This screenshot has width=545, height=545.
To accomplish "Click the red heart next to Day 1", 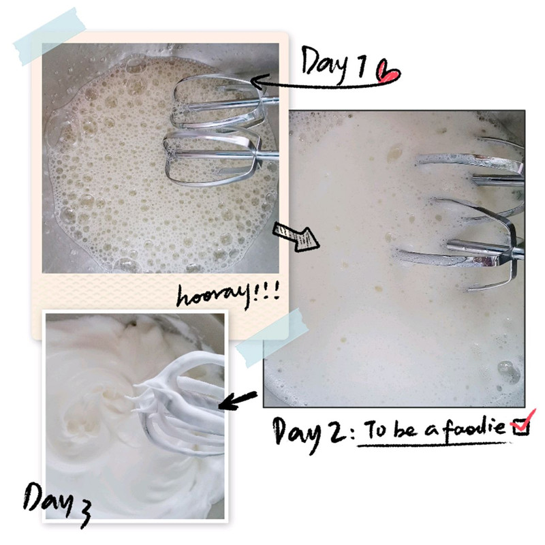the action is pos(388,71).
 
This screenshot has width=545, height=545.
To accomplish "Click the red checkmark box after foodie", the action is pos(521,423).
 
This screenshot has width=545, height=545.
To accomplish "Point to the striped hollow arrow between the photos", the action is pos(296,236).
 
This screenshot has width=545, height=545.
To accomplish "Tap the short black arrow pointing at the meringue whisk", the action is pos(238,401).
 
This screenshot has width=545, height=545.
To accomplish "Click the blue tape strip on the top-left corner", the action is pos(49,36).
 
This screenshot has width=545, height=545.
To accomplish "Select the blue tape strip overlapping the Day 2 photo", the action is pos(272,337).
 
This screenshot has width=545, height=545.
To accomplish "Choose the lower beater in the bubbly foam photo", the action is pos(215,157).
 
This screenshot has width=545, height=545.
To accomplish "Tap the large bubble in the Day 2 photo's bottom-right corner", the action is pos(508,371).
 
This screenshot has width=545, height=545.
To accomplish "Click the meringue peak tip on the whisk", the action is pos(127,398).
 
